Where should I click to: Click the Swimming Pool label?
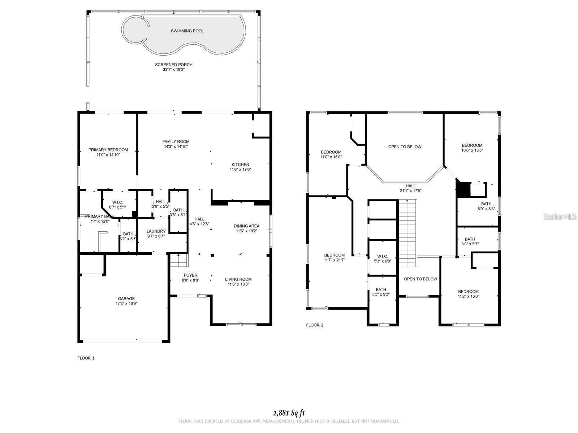point(187,31)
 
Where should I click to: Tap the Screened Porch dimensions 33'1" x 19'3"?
point(174,69)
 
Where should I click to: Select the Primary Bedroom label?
point(108,150)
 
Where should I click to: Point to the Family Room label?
point(176,142)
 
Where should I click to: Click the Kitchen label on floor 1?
point(240,165)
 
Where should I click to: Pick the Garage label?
point(126,299)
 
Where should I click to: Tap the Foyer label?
point(190,275)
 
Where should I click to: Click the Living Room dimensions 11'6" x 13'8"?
point(238,284)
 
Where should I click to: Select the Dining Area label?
point(246,226)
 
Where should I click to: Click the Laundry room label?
point(156,231)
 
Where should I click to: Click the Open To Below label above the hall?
point(405,147)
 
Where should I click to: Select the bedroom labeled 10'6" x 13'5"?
point(472,145)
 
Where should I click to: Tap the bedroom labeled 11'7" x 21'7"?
point(334,255)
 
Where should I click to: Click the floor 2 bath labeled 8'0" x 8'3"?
point(486,204)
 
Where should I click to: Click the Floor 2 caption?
point(315,325)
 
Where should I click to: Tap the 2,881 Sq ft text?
point(289,413)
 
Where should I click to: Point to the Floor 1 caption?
point(86,358)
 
